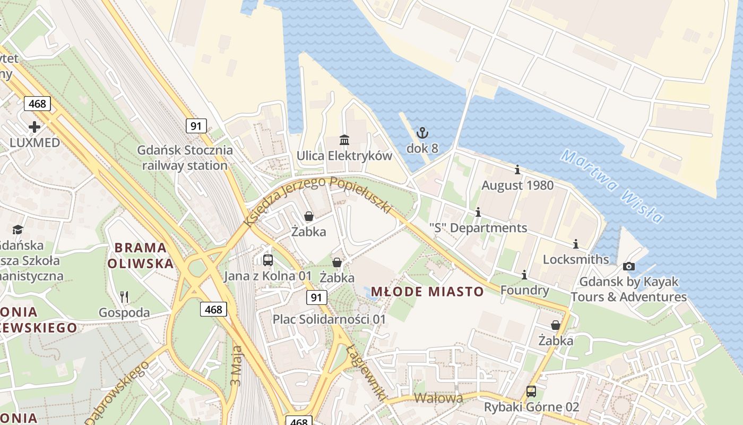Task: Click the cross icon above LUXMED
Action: [34, 127]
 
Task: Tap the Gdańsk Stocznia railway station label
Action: [185, 158]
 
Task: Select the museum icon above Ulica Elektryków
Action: [344, 140]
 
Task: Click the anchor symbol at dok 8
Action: [422, 133]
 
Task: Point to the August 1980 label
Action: [517, 185]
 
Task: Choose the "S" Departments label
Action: [478, 228]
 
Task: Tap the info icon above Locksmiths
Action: [576, 244]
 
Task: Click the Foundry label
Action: [524, 290]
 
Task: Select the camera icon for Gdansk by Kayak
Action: [628, 266]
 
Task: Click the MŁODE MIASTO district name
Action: [427, 292]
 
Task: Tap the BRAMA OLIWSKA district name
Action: [141, 256]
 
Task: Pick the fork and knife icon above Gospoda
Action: [124, 296]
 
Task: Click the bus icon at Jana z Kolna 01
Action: [268, 260]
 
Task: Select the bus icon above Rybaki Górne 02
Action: [531, 392]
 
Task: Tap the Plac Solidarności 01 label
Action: [329, 319]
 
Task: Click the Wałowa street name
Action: [438, 397]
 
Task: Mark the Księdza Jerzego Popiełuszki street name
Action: [317, 199]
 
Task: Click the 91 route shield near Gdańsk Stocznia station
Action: [196, 126]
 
